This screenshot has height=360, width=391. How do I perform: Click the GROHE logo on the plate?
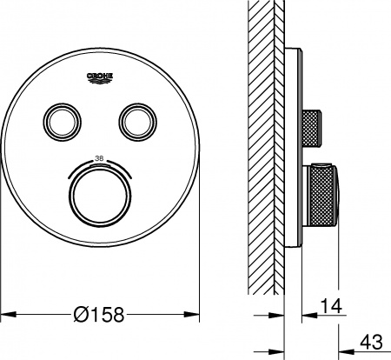click(x=102, y=79)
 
